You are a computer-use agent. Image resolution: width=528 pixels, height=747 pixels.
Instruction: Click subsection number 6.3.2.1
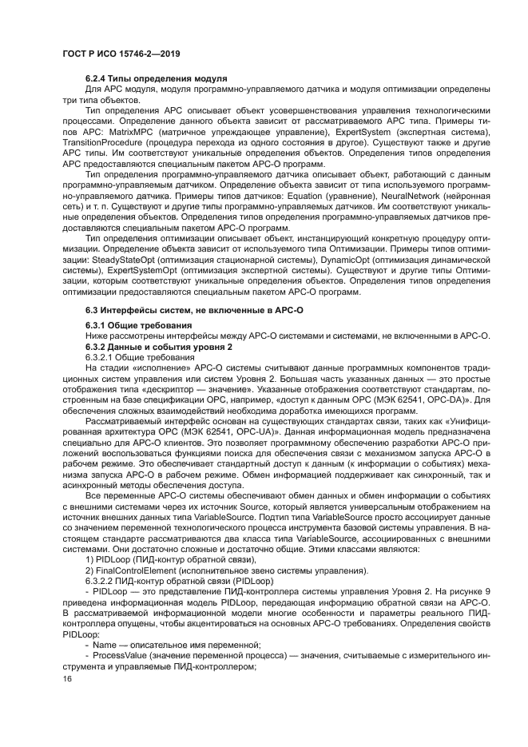pos(103,356)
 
